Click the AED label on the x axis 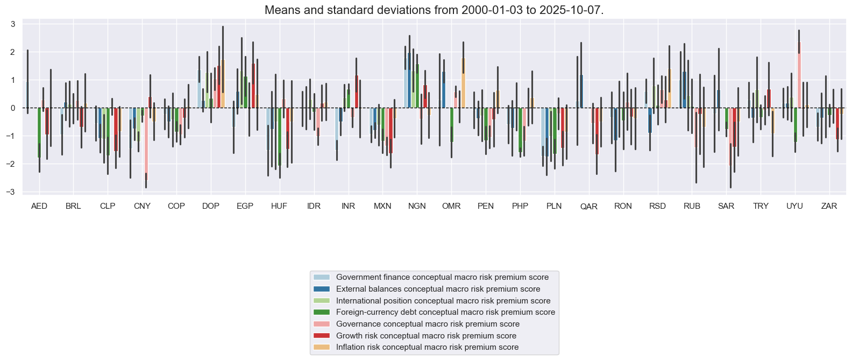pyautogui.click(x=39, y=206)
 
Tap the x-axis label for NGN pyautogui.click(x=417, y=206)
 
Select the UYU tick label pyautogui.click(x=794, y=206)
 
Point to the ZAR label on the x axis pyautogui.click(x=829, y=206)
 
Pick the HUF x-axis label pyautogui.click(x=279, y=206)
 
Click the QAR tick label pyautogui.click(x=588, y=207)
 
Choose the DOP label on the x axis pyautogui.click(x=211, y=206)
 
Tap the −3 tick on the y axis pyautogui.click(x=11, y=192)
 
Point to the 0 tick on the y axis pyautogui.click(x=13, y=108)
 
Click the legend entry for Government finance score pyautogui.click(x=442, y=277)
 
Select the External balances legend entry pyautogui.click(x=438, y=289)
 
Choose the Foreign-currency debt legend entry pyautogui.click(x=445, y=312)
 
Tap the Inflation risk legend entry pyautogui.click(x=427, y=347)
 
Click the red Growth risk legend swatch pyautogui.click(x=322, y=336)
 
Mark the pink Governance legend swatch pyautogui.click(x=322, y=324)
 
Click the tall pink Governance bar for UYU pyautogui.click(x=799, y=75)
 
